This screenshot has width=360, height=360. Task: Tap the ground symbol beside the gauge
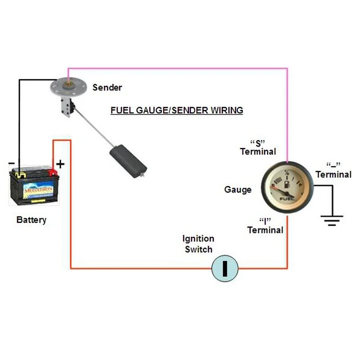332,220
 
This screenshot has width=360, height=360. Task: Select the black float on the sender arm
128,160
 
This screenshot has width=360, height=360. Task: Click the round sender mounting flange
68,86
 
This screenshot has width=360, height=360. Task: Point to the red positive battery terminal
52,172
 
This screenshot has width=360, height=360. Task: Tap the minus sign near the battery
12,163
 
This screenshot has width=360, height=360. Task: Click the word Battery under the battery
31,220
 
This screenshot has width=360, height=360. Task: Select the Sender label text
107,87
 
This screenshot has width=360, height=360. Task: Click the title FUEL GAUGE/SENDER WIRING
176,110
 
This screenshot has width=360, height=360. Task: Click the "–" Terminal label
333,170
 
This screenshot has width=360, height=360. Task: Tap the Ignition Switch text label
198,243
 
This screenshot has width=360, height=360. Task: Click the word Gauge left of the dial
238,190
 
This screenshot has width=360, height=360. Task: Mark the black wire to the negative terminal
18,121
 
